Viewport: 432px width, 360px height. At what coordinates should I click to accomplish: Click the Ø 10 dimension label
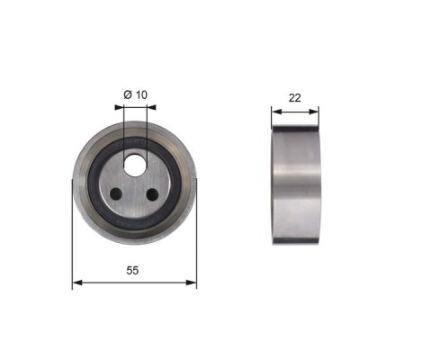[x=135, y=94]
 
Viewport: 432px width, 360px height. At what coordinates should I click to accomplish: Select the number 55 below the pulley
[x=132, y=270]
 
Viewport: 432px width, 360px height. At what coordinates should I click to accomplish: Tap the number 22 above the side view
[x=294, y=98]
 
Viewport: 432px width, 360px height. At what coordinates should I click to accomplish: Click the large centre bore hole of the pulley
[x=135, y=166]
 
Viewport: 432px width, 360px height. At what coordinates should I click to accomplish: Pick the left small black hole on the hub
[x=116, y=194]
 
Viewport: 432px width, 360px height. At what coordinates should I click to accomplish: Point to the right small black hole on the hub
[x=152, y=194]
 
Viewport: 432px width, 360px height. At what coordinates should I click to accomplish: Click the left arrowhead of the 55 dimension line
[x=77, y=283]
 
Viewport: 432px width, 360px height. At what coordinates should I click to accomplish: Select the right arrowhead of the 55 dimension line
[x=192, y=283]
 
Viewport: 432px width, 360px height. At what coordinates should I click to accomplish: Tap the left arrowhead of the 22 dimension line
[x=276, y=112]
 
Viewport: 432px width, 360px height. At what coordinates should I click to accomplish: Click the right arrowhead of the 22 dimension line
[x=313, y=112]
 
